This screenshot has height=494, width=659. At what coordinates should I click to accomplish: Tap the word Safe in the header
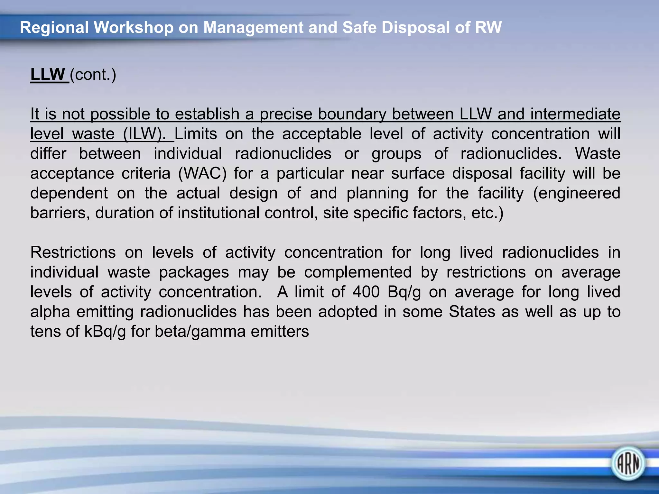click(359, 27)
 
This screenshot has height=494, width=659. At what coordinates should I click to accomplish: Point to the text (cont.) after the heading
click(93, 75)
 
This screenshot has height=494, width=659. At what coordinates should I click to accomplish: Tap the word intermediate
click(575, 114)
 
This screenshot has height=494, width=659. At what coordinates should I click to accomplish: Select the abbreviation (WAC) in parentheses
click(202, 174)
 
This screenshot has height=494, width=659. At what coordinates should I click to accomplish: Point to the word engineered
click(577, 193)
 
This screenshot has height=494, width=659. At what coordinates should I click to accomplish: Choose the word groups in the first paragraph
click(396, 154)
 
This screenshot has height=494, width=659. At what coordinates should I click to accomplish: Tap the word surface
click(418, 174)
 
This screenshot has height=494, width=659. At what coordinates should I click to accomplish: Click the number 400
click(366, 292)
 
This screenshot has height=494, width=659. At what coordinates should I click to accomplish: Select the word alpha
click(50, 312)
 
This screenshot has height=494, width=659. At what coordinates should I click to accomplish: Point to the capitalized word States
click(472, 312)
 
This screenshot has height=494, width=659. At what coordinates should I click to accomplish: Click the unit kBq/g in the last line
click(105, 332)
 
